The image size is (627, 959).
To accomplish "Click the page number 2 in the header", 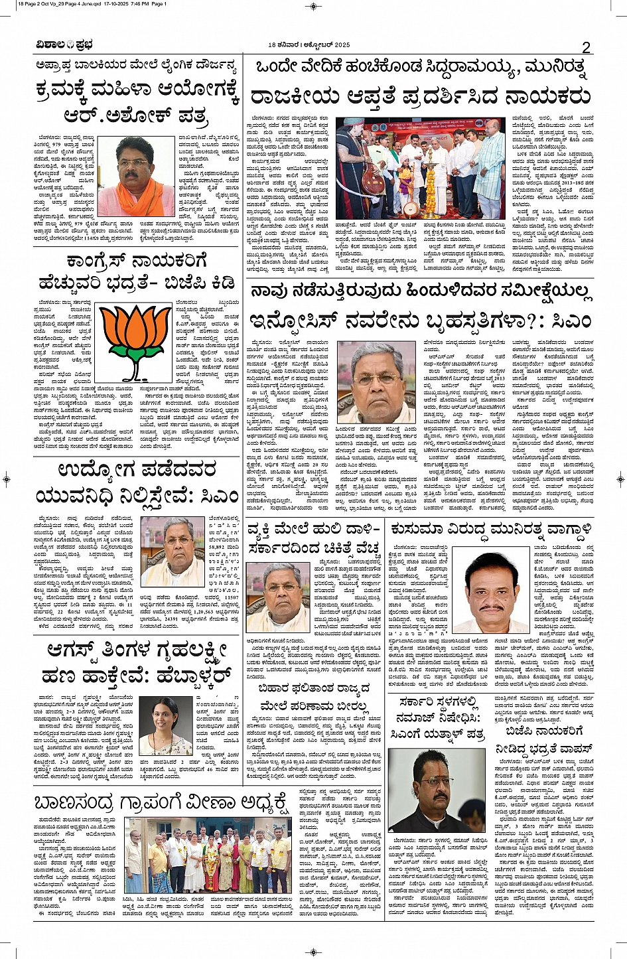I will [x=587, y=46].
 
